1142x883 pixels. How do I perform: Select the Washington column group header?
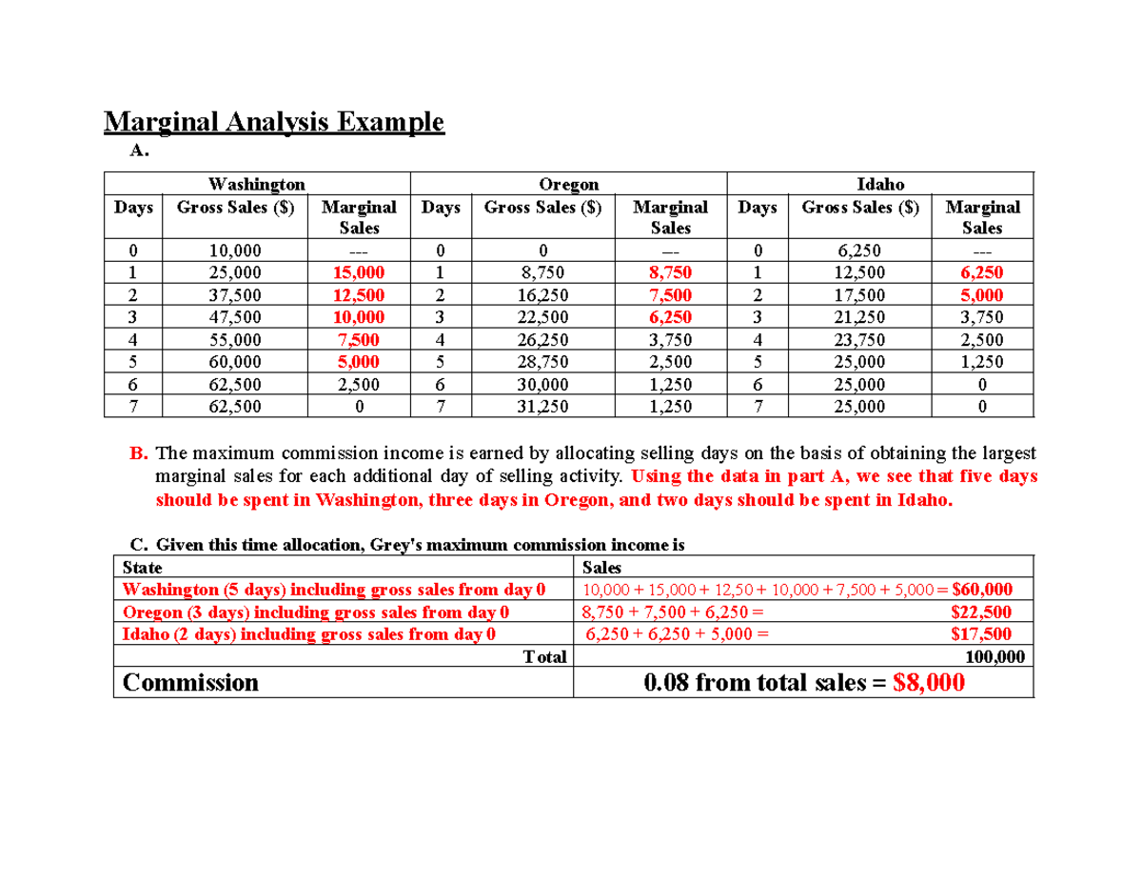tap(257, 183)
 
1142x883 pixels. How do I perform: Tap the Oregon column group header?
tap(568, 183)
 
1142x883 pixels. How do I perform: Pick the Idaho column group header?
tap(880, 183)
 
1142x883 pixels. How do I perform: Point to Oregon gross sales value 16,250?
tap(542, 295)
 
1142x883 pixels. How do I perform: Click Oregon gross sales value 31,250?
tap(542, 407)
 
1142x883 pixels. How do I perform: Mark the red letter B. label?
tap(136, 453)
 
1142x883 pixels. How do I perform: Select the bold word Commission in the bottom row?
tap(191, 683)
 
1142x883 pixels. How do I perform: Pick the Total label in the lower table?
tap(544, 656)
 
